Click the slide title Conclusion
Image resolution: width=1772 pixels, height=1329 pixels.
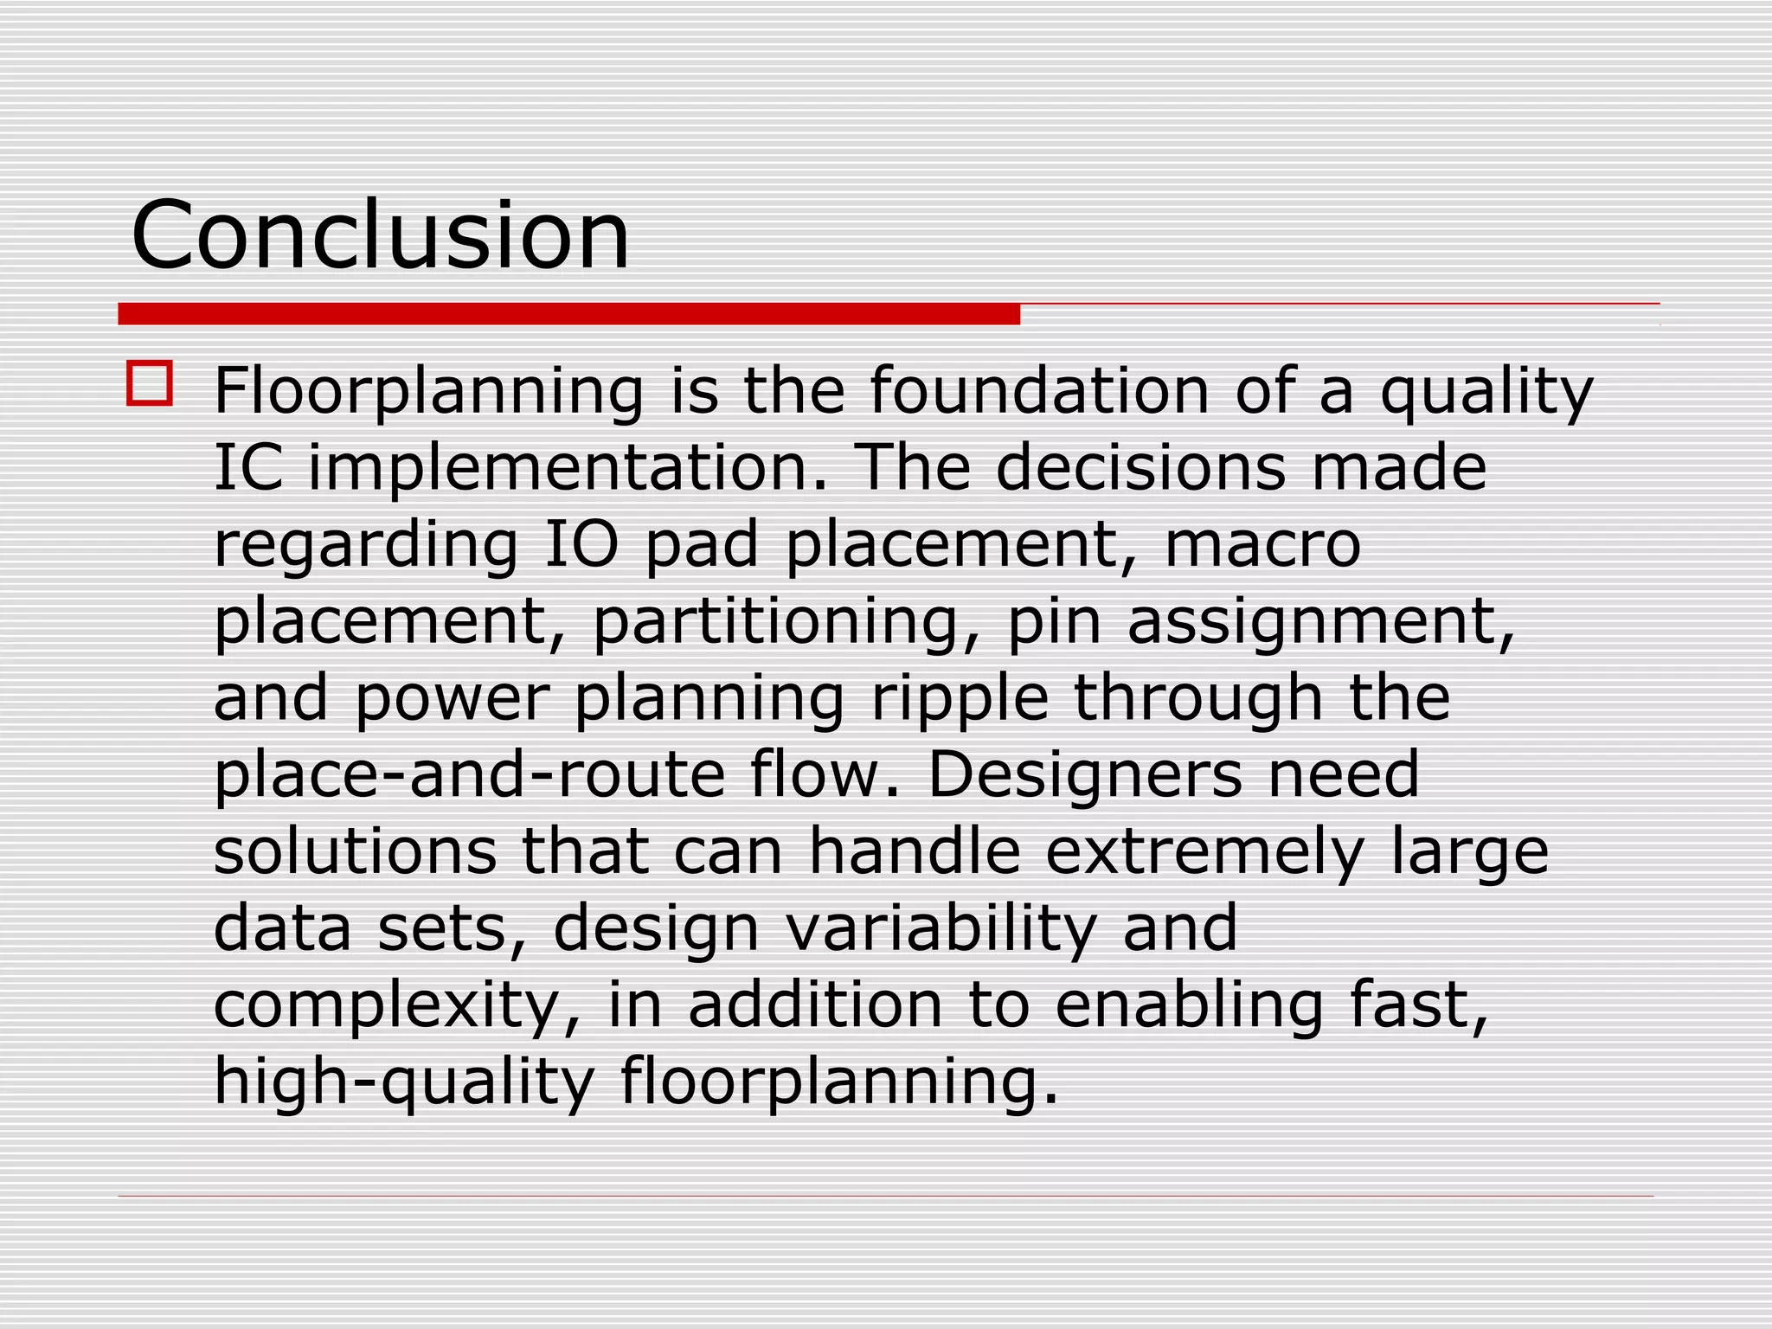tap(380, 234)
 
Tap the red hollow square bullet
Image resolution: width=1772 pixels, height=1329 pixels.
tap(150, 383)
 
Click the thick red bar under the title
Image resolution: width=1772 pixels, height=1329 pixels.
tap(568, 314)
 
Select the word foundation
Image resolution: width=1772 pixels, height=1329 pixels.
tap(1039, 390)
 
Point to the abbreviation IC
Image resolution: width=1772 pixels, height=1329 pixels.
tap(248, 467)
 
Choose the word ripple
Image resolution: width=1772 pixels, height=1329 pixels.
tap(960, 697)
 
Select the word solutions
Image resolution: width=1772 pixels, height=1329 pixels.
tap(355, 851)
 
